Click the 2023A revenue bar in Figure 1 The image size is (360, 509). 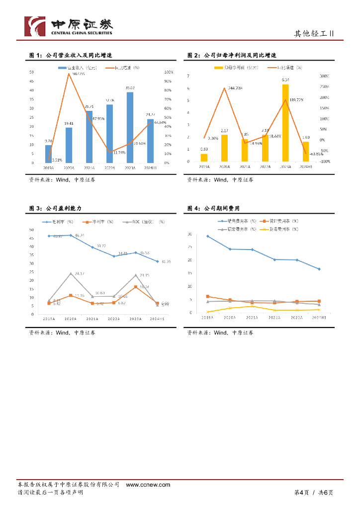(130, 128)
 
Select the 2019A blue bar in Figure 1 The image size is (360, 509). (48, 154)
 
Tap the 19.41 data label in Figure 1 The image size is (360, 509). (69, 123)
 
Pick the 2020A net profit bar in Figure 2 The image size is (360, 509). (224, 148)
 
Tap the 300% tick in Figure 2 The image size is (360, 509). (324, 76)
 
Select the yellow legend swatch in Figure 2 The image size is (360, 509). (218, 67)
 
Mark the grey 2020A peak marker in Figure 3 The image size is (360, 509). (70, 273)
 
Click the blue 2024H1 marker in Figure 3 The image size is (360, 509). (158, 261)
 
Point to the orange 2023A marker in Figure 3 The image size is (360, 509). (136, 287)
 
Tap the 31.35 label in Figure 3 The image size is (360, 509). (166, 261)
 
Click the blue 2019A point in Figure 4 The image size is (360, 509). (207, 236)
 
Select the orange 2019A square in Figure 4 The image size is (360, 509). (207, 296)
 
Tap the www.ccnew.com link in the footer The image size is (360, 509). (142, 485)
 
